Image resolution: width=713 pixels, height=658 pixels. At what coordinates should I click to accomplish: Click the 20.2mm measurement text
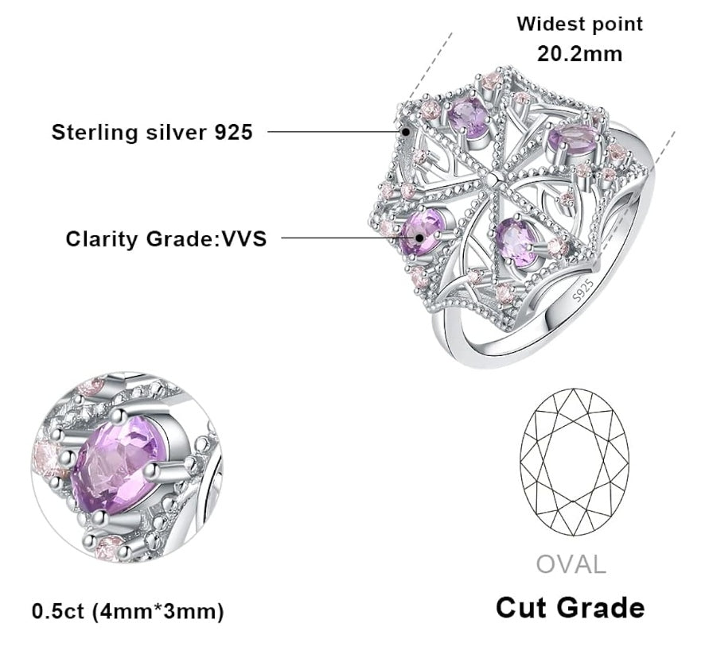pyautogui.click(x=579, y=54)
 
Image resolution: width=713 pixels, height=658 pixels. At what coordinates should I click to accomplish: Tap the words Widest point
pyautogui.click(x=579, y=24)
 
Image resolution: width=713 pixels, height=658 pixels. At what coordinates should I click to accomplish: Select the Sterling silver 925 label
pyautogui.click(x=152, y=132)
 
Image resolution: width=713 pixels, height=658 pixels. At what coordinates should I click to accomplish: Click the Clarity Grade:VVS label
pyautogui.click(x=166, y=238)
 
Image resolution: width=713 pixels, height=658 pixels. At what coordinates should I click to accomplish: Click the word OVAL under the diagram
pyautogui.click(x=571, y=564)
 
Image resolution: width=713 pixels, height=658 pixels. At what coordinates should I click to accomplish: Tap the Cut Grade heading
pyautogui.click(x=570, y=608)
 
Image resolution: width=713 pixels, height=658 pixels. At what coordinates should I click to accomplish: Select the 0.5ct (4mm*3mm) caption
pyautogui.click(x=128, y=611)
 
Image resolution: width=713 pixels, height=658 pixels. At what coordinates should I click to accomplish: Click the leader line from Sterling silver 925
pyautogui.click(x=334, y=132)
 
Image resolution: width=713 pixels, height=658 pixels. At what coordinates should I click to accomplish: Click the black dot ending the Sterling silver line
pyautogui.click(x=406, y=132)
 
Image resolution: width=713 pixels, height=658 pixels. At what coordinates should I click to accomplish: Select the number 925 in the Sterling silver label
pyautogui.click(x=234, y=132)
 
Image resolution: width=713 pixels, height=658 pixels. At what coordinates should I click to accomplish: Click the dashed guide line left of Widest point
pyautogui.click(x=431, y=67)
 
